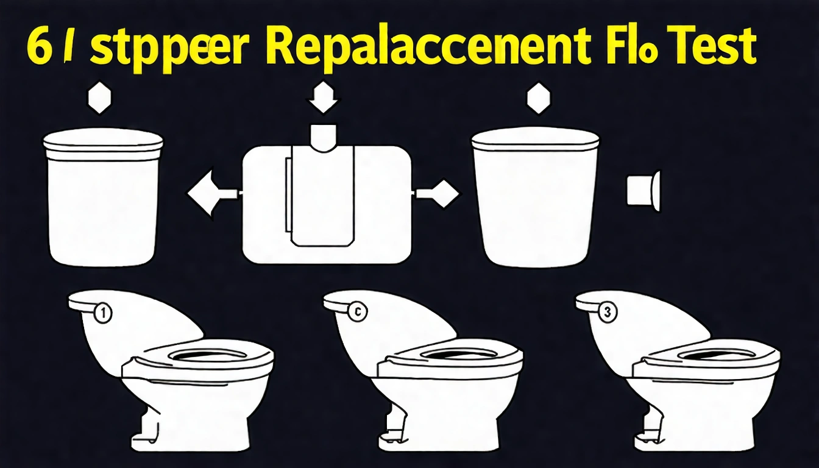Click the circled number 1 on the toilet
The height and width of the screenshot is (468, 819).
(x=104, y=314)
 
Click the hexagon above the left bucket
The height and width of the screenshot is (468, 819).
(x=101, y=99)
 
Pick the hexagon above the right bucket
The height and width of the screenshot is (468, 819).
(x=538, y=98)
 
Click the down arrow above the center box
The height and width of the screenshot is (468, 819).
(x=324, y=98)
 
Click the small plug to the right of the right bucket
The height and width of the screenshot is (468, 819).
(x=643, y=190)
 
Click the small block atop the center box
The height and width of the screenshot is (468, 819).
(x=324, y=135)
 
